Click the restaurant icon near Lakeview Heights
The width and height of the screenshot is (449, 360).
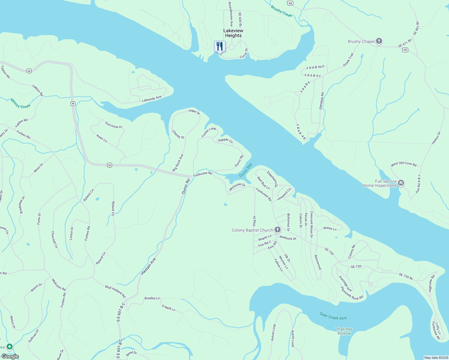(x=220, y=46)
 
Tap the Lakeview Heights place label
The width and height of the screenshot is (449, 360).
(x=233, y=33)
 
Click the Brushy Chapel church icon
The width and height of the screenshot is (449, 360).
(x=379, y=41)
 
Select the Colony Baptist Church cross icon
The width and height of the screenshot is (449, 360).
(x=278, y=230)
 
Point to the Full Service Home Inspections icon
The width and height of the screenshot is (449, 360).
(x=401, y=183)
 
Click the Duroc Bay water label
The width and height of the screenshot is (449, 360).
(x=246, y=170)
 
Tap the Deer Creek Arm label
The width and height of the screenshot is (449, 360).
(x=333, y=316)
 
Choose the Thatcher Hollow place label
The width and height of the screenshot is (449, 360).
(x=344, y=331)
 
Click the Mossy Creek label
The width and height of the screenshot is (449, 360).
(x=20, y=103)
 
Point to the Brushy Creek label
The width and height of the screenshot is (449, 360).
(x=281, y=11)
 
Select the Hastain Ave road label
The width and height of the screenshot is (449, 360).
(x=149, y=266)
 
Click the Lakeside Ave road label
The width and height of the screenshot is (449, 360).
(x=152, y=99)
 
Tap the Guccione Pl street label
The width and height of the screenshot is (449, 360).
(x=114, y=125)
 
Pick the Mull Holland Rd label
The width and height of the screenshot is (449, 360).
(x=115, y=292)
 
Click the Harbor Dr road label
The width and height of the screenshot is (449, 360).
(x=436, y=138)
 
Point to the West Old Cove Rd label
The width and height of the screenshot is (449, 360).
(x=403, y=164)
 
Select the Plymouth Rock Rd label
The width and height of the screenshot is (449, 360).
(x=352, y=293)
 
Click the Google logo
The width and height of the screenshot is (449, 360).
(x=10, y=356)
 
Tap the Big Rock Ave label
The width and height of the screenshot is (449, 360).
(x=178, y=163)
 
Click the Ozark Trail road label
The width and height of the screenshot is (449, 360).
(x=348, y=60)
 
